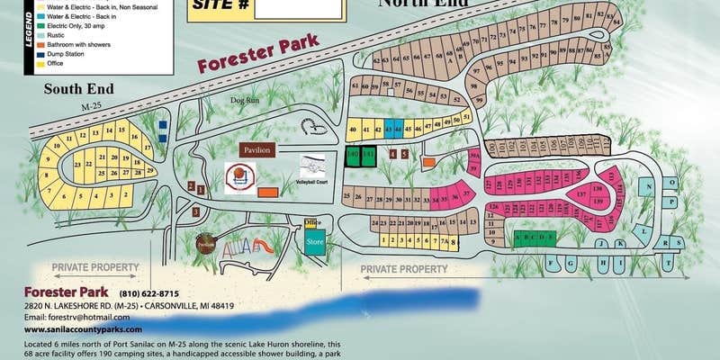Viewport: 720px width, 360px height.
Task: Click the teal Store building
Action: (315, 242)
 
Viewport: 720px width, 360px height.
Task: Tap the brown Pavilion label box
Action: (258, 149)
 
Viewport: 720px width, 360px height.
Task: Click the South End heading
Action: (76, 88)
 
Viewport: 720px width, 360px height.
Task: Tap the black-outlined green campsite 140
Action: (353, 156)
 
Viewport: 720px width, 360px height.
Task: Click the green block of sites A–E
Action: (535, 238)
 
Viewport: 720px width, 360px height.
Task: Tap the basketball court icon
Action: (240, 175)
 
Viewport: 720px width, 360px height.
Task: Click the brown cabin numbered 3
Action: (196, 211)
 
